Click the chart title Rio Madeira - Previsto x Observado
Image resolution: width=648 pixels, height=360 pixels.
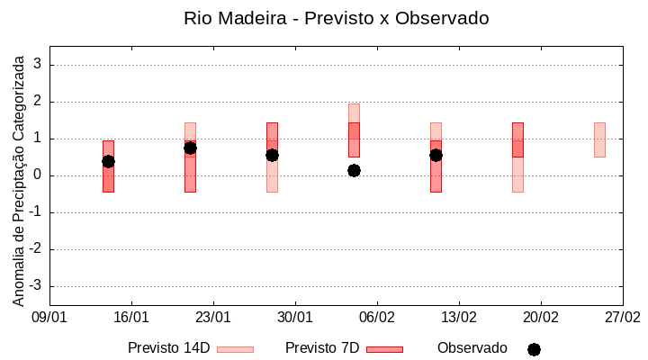pyautogui.click(x=336, y=18)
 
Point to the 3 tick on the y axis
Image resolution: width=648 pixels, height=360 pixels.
pyautogui.click(x=38, y=65)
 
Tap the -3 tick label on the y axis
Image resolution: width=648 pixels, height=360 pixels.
pyautogui.click(x=35, y=286)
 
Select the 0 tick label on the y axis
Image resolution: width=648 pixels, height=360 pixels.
pyautogui.click(x=38, y=175)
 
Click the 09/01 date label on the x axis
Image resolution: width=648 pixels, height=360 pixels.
pyautogui.click(x=49, y=318)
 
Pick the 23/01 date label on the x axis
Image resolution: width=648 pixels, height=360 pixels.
pyautogui.click(x=213, y=318)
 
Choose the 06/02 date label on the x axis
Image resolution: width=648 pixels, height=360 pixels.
pyautogui.click(x=377, y=318)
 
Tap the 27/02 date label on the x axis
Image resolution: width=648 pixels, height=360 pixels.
pyautogui.click(x=622, y=318)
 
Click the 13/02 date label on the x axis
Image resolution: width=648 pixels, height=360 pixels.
pyautogui.click(x=459, y=318)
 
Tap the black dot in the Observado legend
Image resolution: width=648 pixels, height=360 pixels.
pyautogui.click(x=534, y=349)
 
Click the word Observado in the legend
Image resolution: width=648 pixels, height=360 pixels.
pyautogui.click(x=472, y=347)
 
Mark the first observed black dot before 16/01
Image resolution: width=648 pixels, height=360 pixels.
pyautogui.click(x=108, y=161)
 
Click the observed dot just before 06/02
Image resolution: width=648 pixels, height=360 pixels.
pyautogui.click(x=354, y=170)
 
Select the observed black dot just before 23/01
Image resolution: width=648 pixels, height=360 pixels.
pyautogui.click(x=190, y=148)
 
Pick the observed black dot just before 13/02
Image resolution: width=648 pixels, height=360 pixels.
pyautogui.click(x=436, y=155)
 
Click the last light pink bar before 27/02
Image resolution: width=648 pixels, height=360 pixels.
pyautogui.click(x=599, y=139)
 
